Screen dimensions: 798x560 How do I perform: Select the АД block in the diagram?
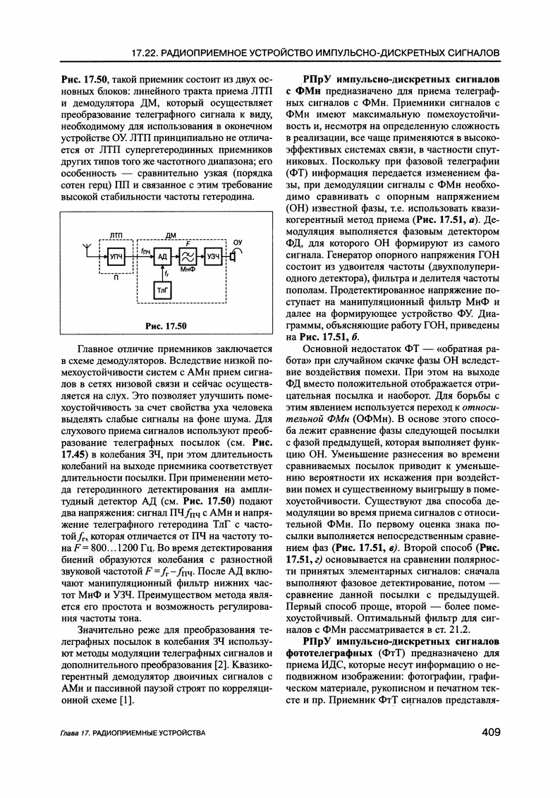pyautogui.click(x=163, y=258)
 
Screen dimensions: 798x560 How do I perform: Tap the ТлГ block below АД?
pyautogui.click(x=163, y=289)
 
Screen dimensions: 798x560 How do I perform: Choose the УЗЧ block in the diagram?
pyautogui.click(x=212, y=258)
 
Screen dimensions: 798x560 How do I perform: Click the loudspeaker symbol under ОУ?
pyautogui.click(x=233, y=258)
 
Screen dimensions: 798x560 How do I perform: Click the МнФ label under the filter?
pyautogui.click(x=188, y=272)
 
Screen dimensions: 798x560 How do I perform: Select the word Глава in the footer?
pyautogui.click(x=68, y=734)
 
